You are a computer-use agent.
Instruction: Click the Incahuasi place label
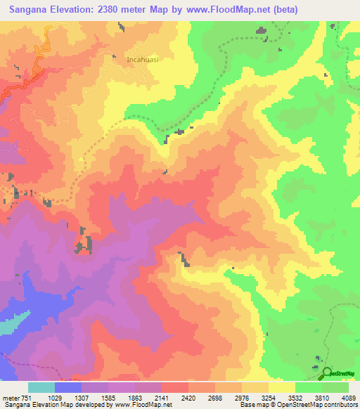tap(143, 60)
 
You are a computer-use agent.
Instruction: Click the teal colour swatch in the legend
tap(41, 388)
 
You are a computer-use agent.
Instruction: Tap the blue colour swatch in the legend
tap(68, 388)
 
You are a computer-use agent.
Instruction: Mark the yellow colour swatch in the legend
tap(282, 388)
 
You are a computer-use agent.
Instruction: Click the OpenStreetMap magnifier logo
tap(327, 372)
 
